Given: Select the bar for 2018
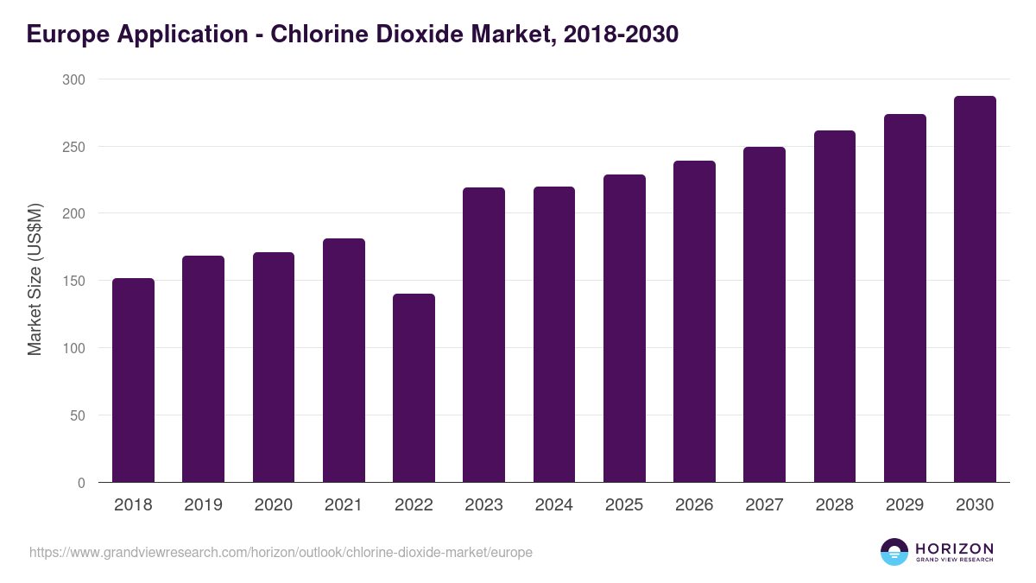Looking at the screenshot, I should tap(133, 380).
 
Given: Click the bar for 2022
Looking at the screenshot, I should tap(414, 388).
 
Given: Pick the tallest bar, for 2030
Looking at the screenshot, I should tap(975, 289).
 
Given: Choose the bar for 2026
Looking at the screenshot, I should tap(694, 321).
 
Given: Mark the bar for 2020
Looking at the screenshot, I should tap(274, 367).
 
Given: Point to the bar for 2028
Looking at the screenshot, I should tap(835, 307).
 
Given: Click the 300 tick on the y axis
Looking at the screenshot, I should tap(74, 79).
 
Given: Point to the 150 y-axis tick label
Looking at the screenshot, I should tap(74, 281).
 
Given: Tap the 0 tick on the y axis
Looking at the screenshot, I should tap(81, 483).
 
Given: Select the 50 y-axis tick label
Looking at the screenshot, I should tap(78, 415).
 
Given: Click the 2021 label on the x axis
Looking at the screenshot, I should tap(344, 505).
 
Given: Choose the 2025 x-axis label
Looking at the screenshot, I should tap(624, 505).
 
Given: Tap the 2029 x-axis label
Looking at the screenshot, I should tap(905, 505).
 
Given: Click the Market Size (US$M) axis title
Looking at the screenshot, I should tap(35, 281).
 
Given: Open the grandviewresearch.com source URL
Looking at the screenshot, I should tap(281, 552).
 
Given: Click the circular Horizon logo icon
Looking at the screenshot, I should tap(894, 552).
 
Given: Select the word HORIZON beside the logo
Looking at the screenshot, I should tap(954, 548).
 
